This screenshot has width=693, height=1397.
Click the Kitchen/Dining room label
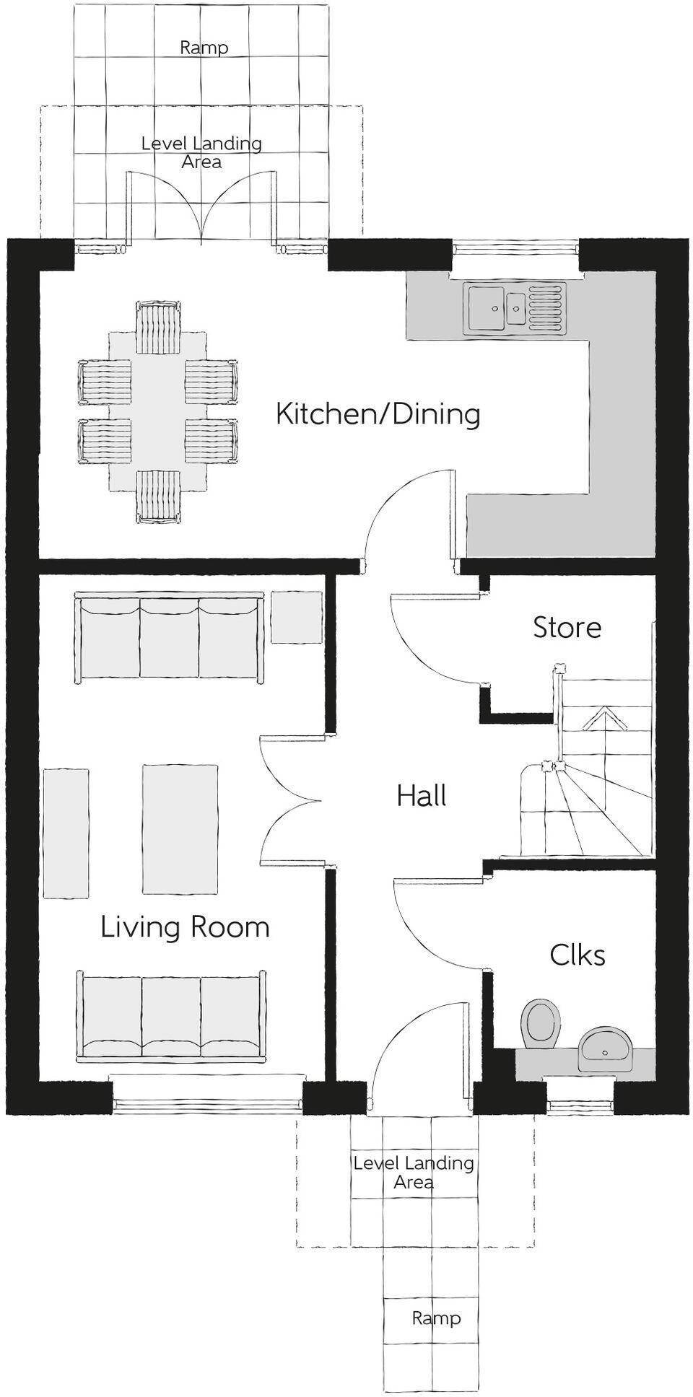(x=378, y=414)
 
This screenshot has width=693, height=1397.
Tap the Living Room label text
(x=185, y=927)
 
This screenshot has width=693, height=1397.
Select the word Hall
(x=422, y=796)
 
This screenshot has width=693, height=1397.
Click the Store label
(x=567, y=628)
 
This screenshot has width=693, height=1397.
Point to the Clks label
(x=577, y=955)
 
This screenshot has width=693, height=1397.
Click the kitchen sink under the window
(x=515, y=308)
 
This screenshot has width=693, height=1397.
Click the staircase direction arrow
(x=603, y=719)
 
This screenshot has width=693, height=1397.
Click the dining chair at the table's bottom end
(x=157, y=496)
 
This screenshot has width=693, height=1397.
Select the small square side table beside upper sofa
(x=296, y=617)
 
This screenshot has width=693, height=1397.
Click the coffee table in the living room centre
(x=180, y=829)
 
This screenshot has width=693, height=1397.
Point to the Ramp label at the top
(x=204, y=48)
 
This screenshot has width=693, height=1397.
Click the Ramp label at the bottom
(x=435, y=1318)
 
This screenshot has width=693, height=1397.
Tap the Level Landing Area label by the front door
(x=414, y=1173)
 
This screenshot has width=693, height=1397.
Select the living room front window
(x=207, y=1102)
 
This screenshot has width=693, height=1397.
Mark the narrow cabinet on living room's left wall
(x=66, y=833)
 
